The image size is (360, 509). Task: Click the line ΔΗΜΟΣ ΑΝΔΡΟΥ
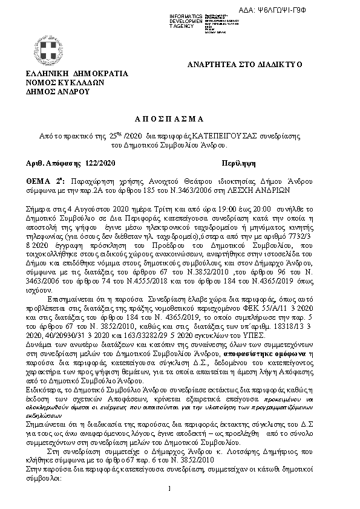coord(57,92)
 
